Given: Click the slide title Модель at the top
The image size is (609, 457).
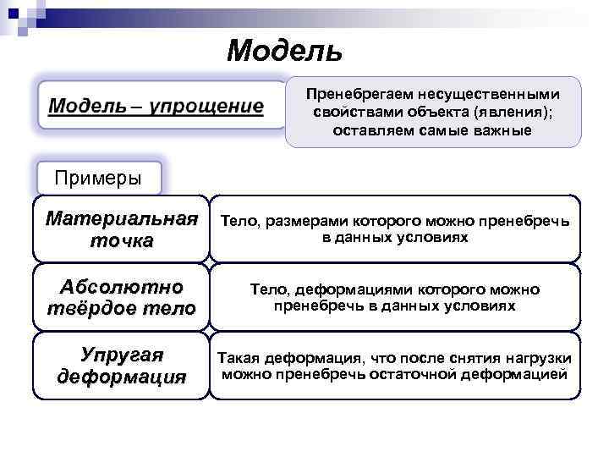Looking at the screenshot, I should pyautogui.click(x=284, y=52).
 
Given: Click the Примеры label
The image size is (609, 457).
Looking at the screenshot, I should pyautogui.click(x=97, y=178).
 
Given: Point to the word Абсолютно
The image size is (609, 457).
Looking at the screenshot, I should pyautogui.click(x=121, y=285).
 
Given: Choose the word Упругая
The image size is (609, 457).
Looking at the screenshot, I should pyautogui.click(x=121, y=354).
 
